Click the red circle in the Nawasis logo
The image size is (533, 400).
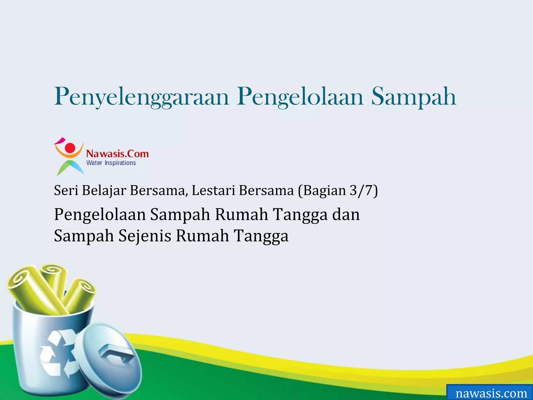70,147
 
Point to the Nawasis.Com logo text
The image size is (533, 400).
117,154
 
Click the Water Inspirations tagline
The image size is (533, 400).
111,163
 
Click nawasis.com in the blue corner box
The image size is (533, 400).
491,393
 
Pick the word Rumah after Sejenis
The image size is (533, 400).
202,236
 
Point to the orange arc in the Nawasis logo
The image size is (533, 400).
69,155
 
